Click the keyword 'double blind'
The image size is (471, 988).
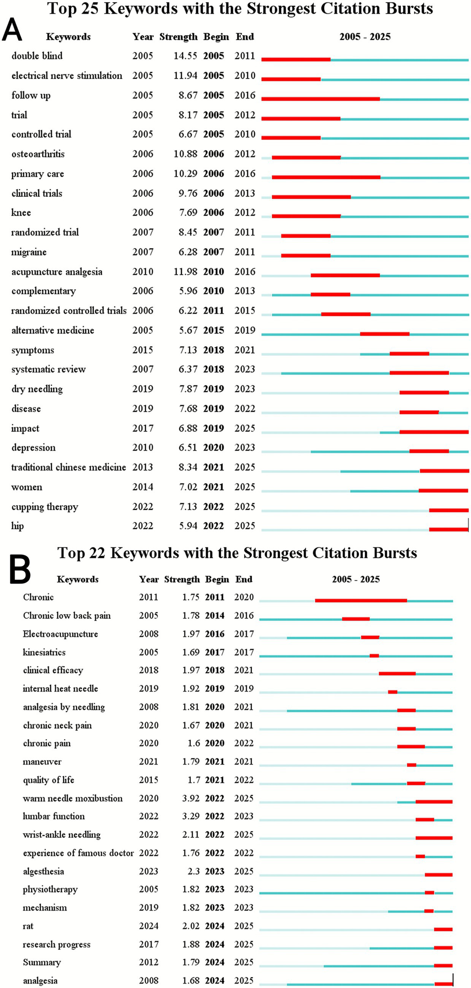(x=37, y=56)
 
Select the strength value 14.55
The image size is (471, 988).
(x=185, y=56)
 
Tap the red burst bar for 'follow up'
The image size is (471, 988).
(x=320, y=99)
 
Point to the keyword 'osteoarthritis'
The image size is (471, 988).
(x=38, y=154)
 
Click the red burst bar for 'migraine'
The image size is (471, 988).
(x=305, y=256)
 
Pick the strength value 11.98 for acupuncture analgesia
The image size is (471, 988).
(x=185, y=272)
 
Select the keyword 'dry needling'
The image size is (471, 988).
(x=37, y=389)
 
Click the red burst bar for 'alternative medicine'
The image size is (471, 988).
(x=384, y=334)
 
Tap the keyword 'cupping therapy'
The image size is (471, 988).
(x=45, y=507)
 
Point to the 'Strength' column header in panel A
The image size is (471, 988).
(x=178, y=37)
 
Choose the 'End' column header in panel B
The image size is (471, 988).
(x=244, y=579)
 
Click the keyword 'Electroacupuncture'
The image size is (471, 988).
(x=60, y=634)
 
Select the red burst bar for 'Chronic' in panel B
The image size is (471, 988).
(x=361, y=601)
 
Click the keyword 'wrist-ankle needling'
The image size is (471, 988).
(x=62, y=835)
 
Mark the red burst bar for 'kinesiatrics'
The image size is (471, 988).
(x=374, y=656)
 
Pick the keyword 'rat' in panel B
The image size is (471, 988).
(x=28, y=926)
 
